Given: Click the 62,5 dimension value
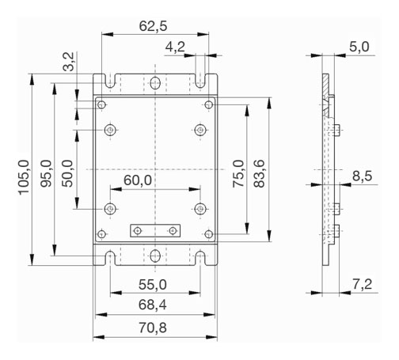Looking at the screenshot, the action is [x=153, y=26].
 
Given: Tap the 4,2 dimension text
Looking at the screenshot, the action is [x=175, y=47].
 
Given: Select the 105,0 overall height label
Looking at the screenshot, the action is [x=24, y=177].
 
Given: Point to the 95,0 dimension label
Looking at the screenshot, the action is [x=46, y=173].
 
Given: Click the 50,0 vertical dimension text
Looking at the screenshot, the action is [x=67, y=173].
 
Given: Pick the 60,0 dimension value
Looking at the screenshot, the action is [x=138, y=180].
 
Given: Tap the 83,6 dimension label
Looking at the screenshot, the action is [x=259, y=173].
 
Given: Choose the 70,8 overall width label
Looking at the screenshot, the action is [x=153, y=328].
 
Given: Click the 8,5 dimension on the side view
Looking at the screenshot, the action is [x=363, y=176].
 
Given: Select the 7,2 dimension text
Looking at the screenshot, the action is [x=363, y=284].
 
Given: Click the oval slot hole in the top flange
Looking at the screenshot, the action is [x=155, y=83].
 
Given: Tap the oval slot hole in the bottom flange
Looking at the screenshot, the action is [x=155, y=256].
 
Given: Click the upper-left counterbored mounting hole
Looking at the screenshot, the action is [x=110, y=130].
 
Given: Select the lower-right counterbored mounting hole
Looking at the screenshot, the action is [x=200, y=209].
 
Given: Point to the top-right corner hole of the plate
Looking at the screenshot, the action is [x=209, y=105].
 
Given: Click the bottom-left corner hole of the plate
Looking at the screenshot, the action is [x=101, y=234].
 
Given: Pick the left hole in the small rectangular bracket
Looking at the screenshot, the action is [x=138, y=231].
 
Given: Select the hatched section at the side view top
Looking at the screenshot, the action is [x=326, y=95].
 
